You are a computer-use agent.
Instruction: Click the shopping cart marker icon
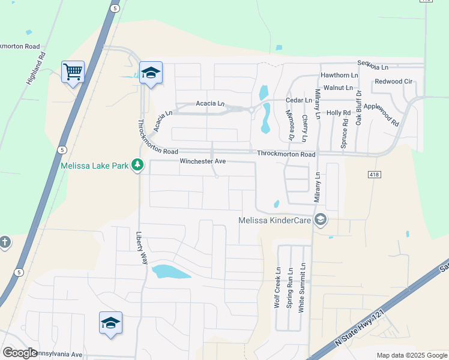pos(73,73)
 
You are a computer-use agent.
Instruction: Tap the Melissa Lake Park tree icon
pos(137,164)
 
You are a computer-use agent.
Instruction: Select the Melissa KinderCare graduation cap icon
pos(321,220)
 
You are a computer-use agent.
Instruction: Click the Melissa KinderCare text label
pos(274,221)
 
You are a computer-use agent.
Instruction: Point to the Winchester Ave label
pos(202,161)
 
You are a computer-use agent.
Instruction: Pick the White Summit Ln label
pos(303,286)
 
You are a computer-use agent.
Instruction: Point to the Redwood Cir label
pos(393,81)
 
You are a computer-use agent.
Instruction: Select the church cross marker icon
pos(5,242)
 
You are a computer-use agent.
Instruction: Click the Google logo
pos(19,353)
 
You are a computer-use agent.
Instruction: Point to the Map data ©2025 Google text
pos(411,355)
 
